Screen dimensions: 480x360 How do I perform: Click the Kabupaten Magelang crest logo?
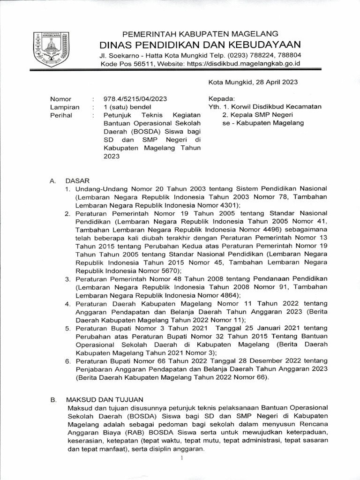[x=49, y=49]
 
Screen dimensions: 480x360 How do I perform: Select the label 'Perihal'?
[x=61, y=115]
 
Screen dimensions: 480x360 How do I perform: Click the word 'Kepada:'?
[x=221, y=99]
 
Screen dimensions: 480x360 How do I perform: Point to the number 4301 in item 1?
[x=229, y=205]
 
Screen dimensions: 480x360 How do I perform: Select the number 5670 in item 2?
[x=168, y=270]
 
